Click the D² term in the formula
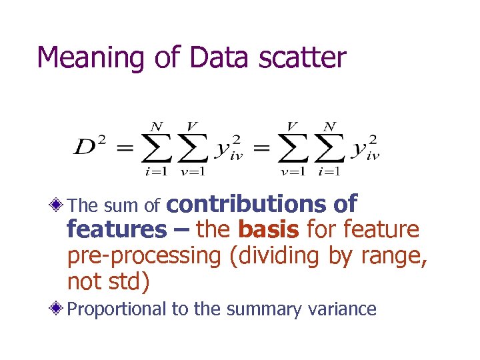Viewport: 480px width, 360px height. click(x=89, y=147)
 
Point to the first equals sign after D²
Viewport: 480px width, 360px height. click(x=125, y=149)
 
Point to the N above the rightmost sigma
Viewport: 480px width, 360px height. click(x=329, y=127)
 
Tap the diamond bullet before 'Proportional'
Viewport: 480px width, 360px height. click(x=59, y=309)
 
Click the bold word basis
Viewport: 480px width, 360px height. click(x=267, y=229)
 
